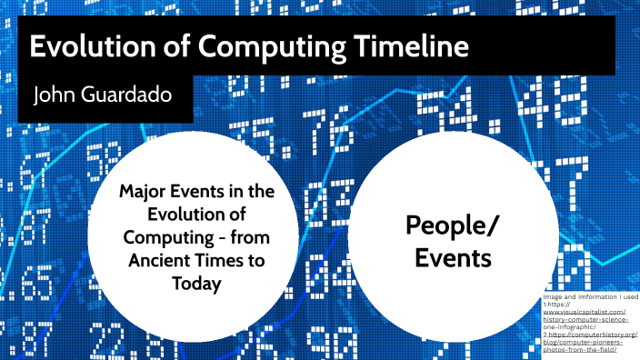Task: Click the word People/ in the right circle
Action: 453,225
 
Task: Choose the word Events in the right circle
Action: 453,258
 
